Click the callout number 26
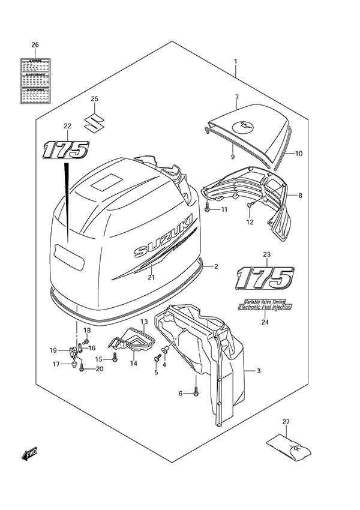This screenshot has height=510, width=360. pyautogui.click(x=35, y=45)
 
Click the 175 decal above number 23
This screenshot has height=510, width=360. pyautogui.click(x=264, y=278)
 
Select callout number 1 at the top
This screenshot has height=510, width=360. pyautogui.click(x=236, y=61)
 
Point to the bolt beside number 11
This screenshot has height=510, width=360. pyautogui.click(x=207, y=208)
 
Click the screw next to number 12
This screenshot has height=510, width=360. pyautogui.click(x=248, y=207)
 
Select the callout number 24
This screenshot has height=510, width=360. pyautogui.click(x=264, y=322)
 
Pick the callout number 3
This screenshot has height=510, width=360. pyautogui.click(x=258, y=371)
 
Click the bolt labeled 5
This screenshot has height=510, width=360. pyautogui.click(x=158, y=359)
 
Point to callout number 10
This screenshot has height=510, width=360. pyautogui.click(x=298, y=154)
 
